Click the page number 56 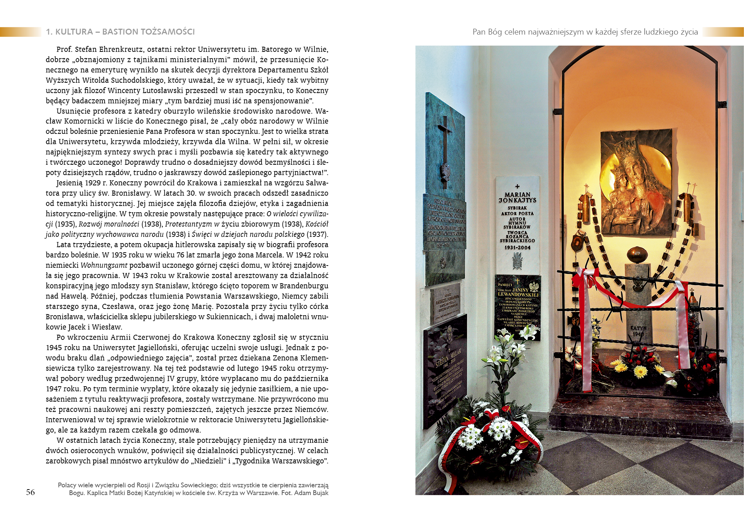click(x=30, y=492)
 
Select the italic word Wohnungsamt click(x=104, y=265)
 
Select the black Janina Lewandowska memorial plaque click(x=517, y=307)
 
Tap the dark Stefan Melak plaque click(x=445, y=371)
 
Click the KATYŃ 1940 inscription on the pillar click(x=638, y=331)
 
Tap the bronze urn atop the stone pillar click(x=638, y=255)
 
